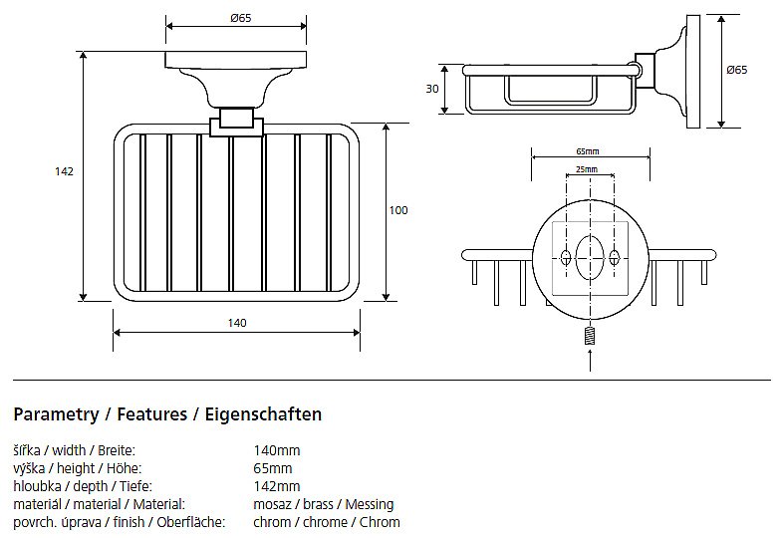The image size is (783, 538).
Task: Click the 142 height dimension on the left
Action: point(64,171)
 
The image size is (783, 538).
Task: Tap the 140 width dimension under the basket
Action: point(237,323)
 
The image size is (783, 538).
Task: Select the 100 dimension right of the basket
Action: point(398,210)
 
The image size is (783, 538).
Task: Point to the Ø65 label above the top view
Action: point(239,18)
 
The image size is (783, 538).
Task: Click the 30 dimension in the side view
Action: point(432,89)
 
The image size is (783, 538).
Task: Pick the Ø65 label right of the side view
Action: point(737,70)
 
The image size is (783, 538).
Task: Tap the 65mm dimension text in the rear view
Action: point(588,151)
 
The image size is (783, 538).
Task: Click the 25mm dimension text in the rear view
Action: point(588,170)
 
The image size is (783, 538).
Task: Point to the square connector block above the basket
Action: point(236,121)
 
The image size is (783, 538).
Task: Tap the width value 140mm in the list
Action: point(277,450)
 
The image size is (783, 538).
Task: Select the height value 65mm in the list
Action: point(273,468)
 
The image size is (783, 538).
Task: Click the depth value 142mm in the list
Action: point(277,486)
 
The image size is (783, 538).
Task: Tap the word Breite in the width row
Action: point(117,450)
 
